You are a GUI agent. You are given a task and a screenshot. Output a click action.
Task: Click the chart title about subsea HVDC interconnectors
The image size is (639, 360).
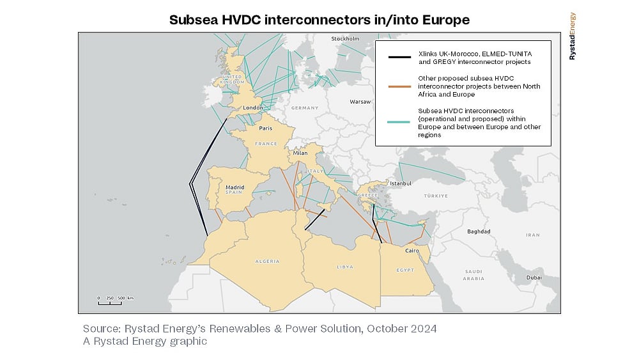319,20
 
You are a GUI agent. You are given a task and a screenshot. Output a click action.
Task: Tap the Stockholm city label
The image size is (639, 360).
345,39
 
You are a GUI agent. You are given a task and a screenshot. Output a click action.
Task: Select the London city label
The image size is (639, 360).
253,107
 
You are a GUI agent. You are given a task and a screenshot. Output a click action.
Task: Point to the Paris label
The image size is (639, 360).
266,128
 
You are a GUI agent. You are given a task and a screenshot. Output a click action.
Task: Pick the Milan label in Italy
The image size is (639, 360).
300,153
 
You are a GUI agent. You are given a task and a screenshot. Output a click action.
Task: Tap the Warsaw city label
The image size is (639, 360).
360,102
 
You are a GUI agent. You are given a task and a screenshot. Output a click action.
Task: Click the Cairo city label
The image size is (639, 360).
412,251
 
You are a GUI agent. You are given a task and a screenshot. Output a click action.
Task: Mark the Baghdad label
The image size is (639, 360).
479,231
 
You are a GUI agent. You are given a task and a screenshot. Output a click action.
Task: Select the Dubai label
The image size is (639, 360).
534,278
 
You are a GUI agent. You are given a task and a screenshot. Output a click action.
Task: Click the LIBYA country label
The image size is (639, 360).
345,267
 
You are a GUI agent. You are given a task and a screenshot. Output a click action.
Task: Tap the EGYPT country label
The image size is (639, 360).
405,270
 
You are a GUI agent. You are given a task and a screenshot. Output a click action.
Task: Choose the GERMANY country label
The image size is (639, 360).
304,108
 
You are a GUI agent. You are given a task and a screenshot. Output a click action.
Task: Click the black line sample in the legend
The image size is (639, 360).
399,58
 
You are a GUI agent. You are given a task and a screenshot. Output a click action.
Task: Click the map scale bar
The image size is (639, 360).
115,301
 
